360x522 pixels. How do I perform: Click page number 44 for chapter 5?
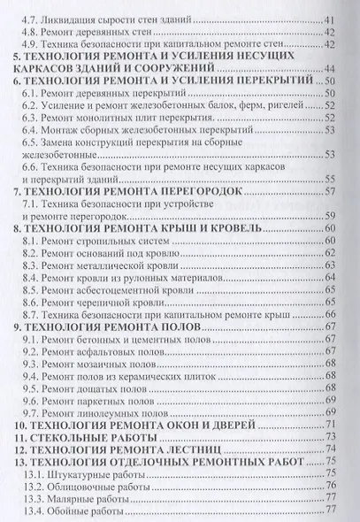328,68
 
